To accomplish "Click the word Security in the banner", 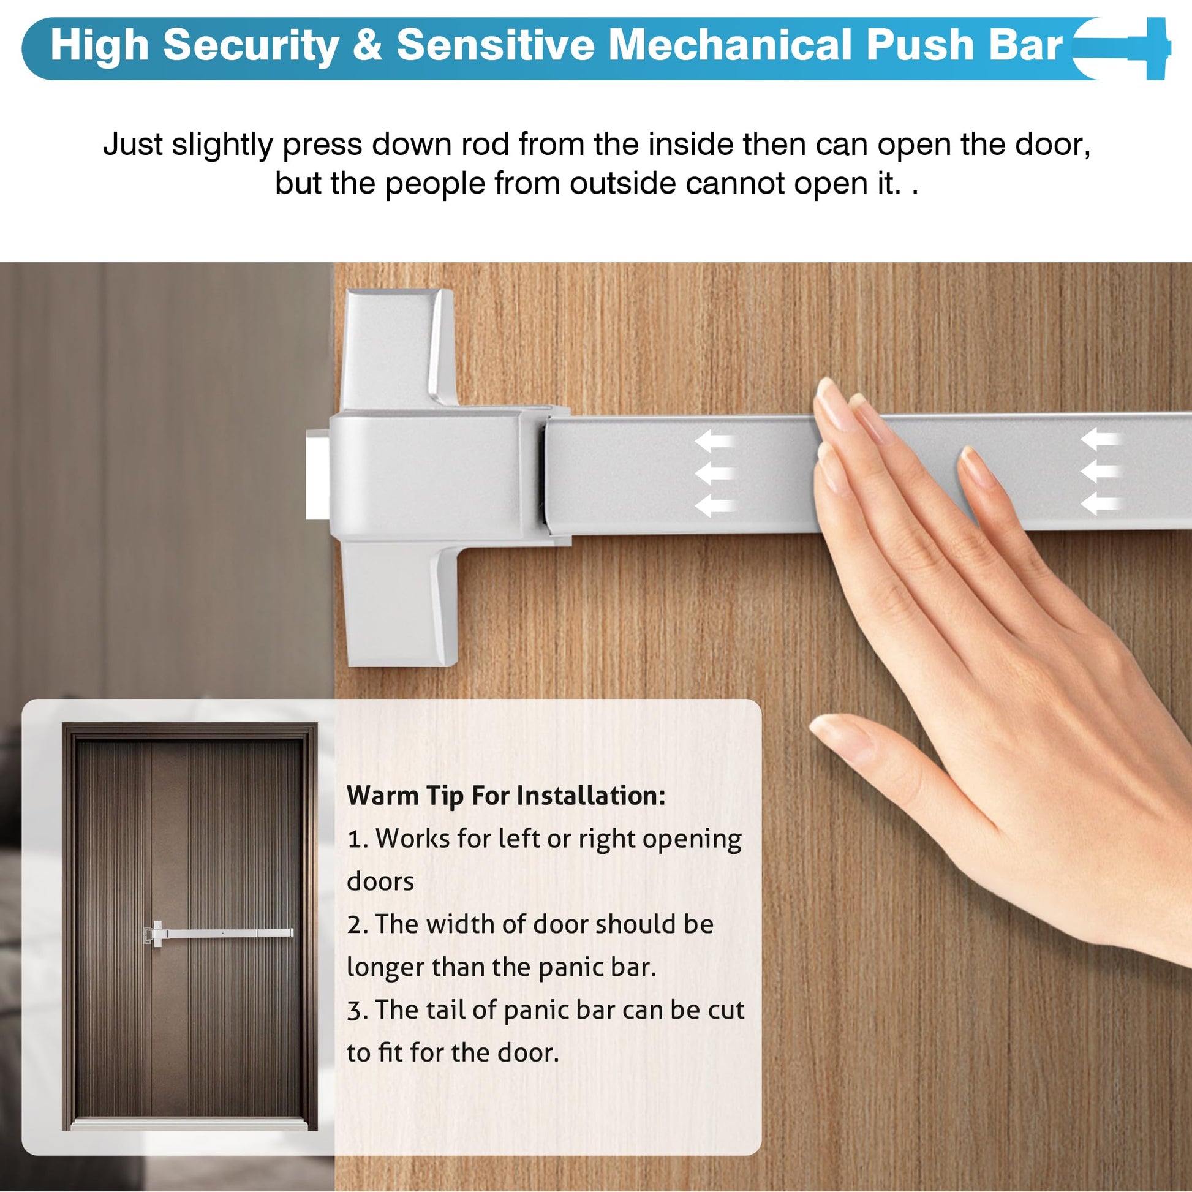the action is pyautogui.click(x=251, y=47).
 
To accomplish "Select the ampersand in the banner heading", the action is pyautogui.click(x=368, y=46).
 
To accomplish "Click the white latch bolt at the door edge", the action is pyautogui.click(x=318, y=475).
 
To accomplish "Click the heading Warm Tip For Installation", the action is pyautogui.click(x=506, y=796).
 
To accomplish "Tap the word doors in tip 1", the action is pyautogui.click(x=380, y=881).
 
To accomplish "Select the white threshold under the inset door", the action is pyautogui.click(x=189, y=1125).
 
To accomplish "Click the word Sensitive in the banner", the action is pyautogui.click(x=496, y=45).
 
